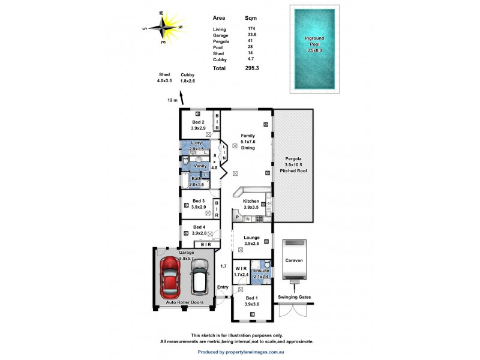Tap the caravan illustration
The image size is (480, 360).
pos(294,261)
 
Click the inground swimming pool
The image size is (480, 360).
pos(314,48)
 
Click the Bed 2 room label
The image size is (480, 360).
pos(199,125)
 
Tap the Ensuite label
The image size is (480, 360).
pos(261,271)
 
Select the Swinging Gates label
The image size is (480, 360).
pos(294,297)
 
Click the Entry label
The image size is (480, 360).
pos(223,287)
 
